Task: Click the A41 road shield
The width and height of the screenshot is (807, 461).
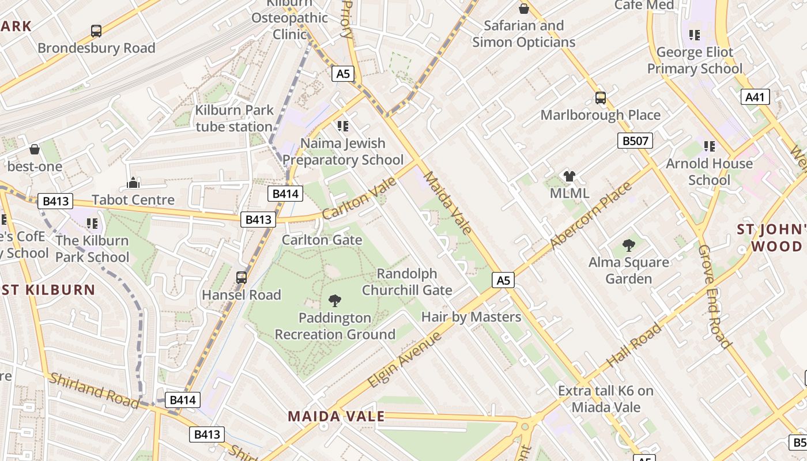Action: tap(755, 97)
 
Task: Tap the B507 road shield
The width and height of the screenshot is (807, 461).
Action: tap(635, 141)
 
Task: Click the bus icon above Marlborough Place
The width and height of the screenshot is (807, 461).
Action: tap(600, 98)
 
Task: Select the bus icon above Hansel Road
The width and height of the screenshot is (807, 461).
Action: tap(242, 278)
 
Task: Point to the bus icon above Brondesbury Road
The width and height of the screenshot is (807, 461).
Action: tap(96, 31)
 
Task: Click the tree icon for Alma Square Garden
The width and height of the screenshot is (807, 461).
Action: tap(628, 245)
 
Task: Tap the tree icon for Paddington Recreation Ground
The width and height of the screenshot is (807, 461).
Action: tap(334, 300)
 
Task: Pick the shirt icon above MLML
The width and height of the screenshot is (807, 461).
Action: tap(570, 176)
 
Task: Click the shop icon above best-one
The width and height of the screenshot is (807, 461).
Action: tap(35, 150)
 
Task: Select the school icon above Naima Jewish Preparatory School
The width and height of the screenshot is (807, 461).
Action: tap(343, 126)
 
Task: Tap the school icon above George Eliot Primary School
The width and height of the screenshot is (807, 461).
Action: tap(695, 35)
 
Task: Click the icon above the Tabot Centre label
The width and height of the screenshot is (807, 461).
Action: tap(133, 183)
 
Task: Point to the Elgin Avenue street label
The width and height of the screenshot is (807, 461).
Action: tap(405, 359)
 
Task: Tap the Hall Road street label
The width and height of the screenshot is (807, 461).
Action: tap(634, 346)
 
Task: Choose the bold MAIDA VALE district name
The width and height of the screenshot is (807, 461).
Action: tap(336, 416)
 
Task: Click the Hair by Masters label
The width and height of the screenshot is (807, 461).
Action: tap(471, 317)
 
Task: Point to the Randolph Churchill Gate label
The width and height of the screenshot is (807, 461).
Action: tap(407, 282)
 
